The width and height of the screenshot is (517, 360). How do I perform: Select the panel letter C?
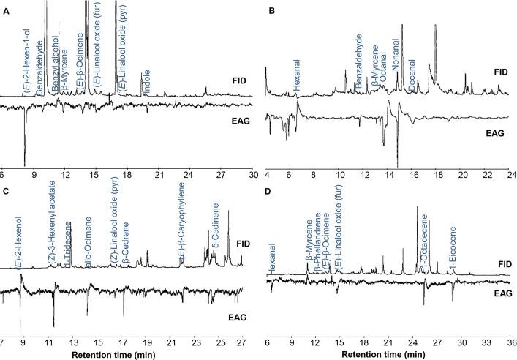click(x=6, y=192)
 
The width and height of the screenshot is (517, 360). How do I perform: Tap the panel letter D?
click(x=270, y=192)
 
